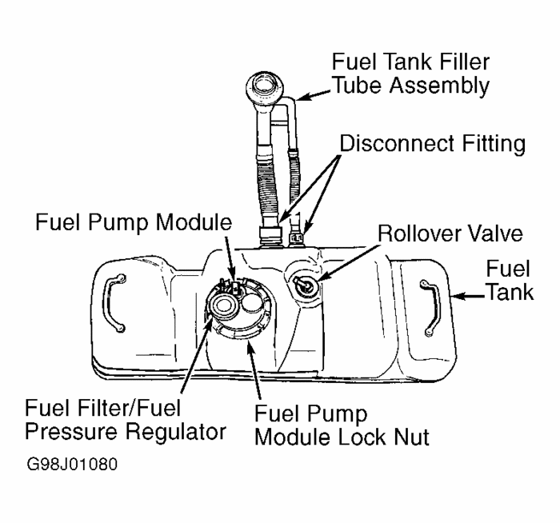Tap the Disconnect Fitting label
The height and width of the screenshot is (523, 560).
pos(432,145)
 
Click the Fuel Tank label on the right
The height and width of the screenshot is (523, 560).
pos(513,280)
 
